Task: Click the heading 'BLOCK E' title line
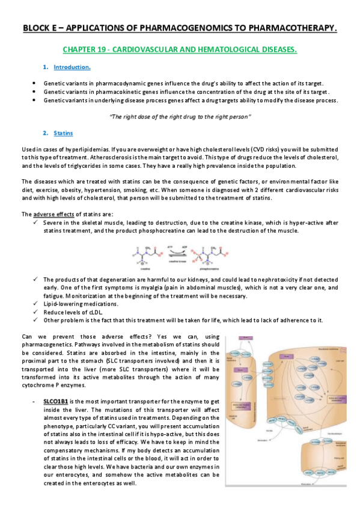coord(180,28)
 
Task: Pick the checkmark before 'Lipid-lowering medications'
coord(35,304)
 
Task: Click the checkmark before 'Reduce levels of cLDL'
coord(35,312)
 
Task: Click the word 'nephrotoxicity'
coord(266,280)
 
